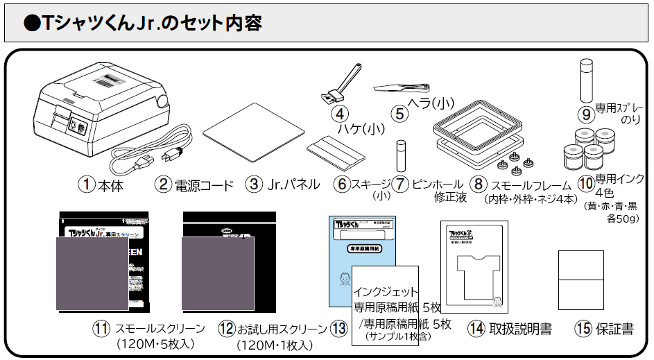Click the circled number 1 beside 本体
[x=85, y=185]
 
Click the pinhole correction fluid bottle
[x=399, y=156]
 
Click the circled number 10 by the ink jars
[x=585, y=185]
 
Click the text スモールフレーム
[x=533, y=185]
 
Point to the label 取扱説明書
[x=519, y=329]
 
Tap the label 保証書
[x=614, y=329]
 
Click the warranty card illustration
[x=580, y=278]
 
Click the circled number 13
[x=338, y=329]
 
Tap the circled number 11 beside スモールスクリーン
[x=101, y=329]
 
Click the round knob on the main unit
[x=162, y=101]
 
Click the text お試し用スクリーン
[x=282, y=329]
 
